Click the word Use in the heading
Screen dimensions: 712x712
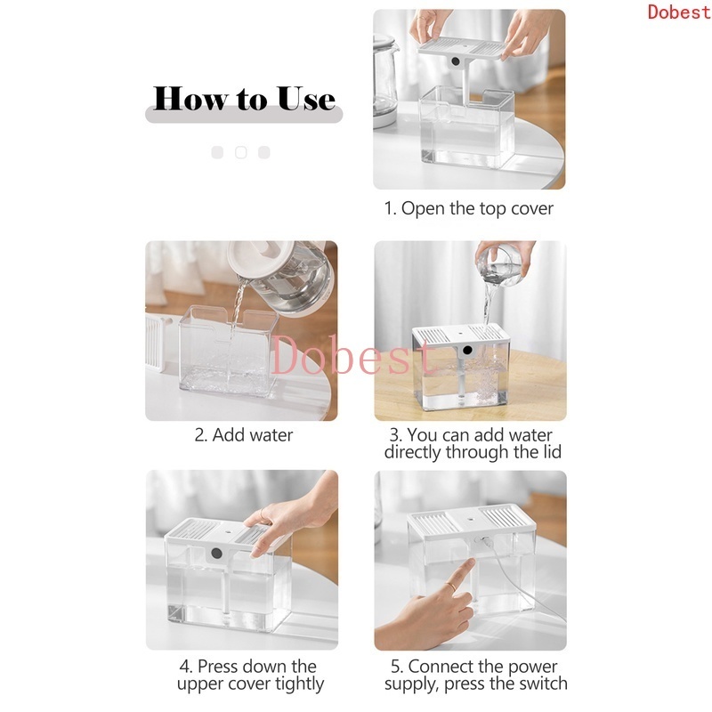(306, 99)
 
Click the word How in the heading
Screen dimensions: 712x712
(190, 99)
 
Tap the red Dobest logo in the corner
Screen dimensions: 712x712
(679, 12)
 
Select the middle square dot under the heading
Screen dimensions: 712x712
(240, 152)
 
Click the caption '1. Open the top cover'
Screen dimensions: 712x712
(469, 208)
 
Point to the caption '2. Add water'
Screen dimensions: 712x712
(243, 435)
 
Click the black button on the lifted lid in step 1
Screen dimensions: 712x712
(456, 61)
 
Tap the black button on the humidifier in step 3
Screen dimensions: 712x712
(467, 350)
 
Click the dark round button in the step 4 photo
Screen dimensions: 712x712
(216, 554)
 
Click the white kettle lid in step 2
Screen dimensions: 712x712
(261, 256)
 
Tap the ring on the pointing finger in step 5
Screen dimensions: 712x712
(451, 586)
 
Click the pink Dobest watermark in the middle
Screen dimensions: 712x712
(352, 358)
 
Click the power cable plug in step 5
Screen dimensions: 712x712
(486, 542)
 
